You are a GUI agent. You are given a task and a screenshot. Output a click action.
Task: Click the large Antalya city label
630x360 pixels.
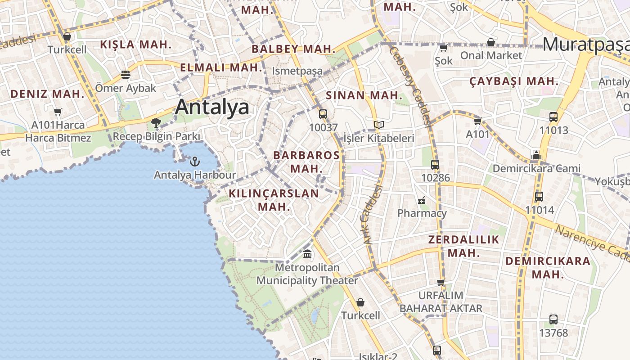(x=212, y=107)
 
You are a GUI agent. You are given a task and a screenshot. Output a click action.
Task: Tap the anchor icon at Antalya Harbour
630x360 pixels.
(x=195, y=161)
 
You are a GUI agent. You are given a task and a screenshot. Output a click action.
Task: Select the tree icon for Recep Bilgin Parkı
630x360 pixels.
(x=156, y=122)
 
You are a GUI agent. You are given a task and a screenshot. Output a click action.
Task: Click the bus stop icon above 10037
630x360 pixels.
(x=323, y=114)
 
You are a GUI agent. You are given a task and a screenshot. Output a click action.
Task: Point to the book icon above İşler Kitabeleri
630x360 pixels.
(x=379, y=125)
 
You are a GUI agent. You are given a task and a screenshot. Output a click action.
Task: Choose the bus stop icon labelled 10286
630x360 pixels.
(x=435, y=164)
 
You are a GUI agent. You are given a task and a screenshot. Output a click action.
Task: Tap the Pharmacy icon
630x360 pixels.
(x=422, y=200)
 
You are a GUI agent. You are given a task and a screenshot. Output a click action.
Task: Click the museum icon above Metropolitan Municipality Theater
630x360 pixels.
(x=307, y=254)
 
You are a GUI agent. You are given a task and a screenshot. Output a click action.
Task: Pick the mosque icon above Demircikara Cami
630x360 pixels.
(x=535, y=156)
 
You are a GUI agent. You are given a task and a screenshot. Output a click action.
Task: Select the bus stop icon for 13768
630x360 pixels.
(x=553, y=319)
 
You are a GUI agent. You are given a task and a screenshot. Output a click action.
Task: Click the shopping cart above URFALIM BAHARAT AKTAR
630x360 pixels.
(x=441, y=282)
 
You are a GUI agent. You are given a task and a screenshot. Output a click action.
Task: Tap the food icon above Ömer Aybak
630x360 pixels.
(x=126, y=74)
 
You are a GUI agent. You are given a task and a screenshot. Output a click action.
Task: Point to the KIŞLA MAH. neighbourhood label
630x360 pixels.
(x=135, y=45)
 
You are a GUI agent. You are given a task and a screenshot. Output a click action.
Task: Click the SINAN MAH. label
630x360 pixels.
(x=364, y=95)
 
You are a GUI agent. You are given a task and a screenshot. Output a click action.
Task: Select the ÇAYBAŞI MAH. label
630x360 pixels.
(x=513, y=82)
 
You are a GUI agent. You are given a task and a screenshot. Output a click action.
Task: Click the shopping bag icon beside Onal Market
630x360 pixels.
(x=491, y=42)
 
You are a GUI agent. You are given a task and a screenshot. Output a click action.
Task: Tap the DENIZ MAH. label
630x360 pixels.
(x=47, y=94)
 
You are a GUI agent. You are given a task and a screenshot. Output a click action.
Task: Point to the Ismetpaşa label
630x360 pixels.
(x=297, y=71)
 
